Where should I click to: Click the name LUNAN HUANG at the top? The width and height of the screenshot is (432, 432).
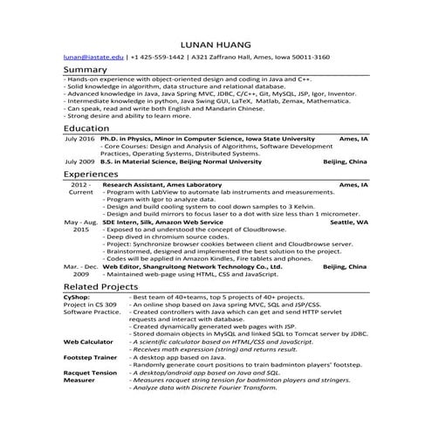[215, 43]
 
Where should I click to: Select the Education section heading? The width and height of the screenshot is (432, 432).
[86, 127]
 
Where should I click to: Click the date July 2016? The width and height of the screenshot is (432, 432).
[79, 139]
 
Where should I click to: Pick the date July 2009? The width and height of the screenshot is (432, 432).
[79, 162]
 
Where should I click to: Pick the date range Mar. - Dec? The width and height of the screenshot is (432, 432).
[79, 265]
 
